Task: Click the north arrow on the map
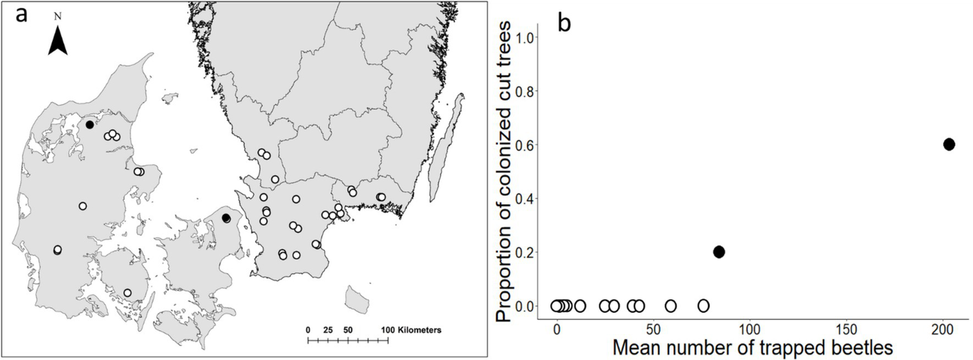(58, 43)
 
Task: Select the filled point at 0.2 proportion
(718, 252)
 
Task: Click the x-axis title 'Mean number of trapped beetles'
(752, 349)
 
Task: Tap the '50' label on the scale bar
(348, 330)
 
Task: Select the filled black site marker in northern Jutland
(90, 124)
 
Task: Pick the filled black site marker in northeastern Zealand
(226, 218)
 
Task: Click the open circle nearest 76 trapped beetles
(703, 306)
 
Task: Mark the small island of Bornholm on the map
(358, 299)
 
